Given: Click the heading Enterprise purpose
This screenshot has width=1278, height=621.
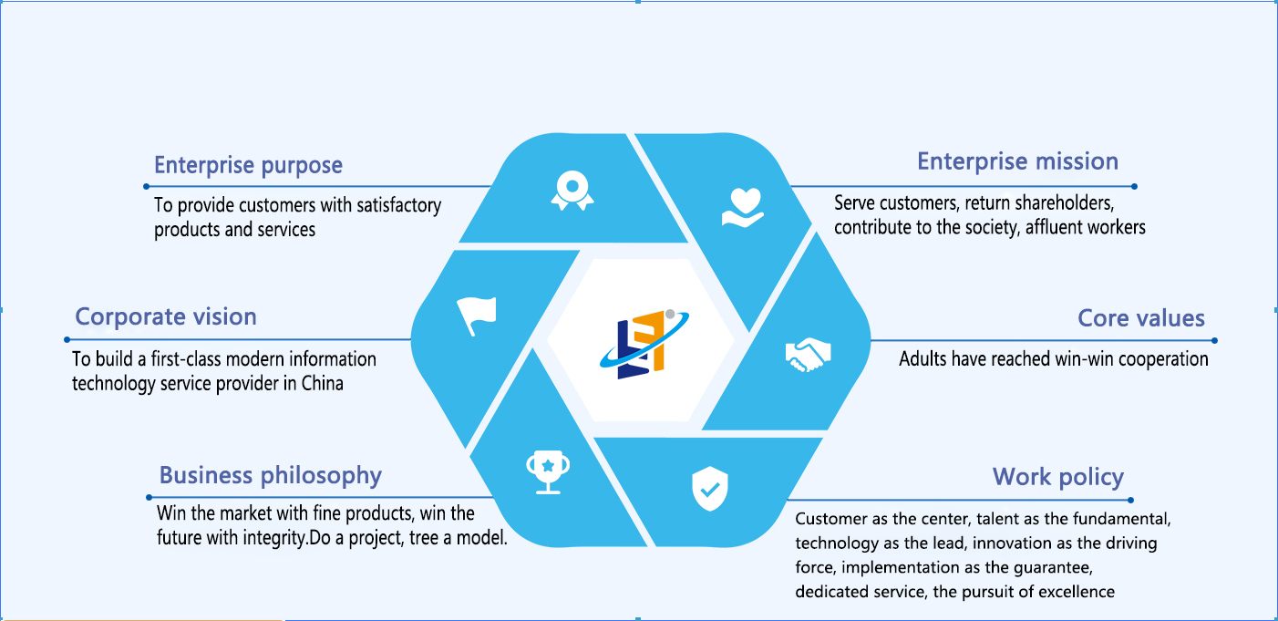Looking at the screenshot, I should coord(248,166).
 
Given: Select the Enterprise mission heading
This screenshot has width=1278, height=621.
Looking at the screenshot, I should coord(1017,161).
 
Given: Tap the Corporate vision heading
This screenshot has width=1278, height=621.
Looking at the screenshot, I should coord(166,317).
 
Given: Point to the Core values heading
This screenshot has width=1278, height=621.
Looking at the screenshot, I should coord(1141,318).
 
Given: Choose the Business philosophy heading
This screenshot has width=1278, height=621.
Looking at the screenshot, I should coord(270,475).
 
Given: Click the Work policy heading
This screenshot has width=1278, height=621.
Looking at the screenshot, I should coord(1057,477).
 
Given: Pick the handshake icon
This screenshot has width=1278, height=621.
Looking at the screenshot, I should coord(809,354).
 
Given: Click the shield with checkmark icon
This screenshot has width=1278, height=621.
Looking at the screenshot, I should coord(709,489).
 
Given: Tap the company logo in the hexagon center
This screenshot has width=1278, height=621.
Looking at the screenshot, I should coord(640,344).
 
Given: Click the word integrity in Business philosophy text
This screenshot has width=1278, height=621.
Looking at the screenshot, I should coord(271,537).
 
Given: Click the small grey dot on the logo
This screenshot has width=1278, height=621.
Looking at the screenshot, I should coord(670,314).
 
